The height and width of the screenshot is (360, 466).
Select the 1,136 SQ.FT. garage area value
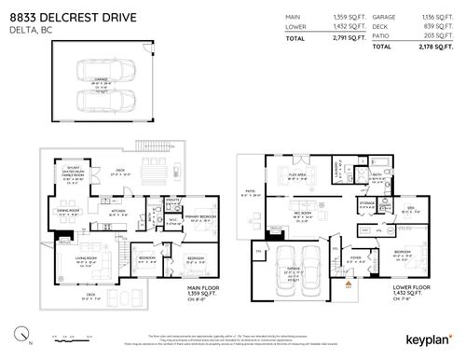pyautogui.click(x=435, y=17)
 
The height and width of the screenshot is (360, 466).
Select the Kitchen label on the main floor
pyautogui.click(x=118, y=211)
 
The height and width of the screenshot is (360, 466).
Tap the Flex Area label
pyautogui.click(x=297, y=173)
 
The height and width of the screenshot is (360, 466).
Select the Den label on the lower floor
pyautogui.click(x=407, y=211)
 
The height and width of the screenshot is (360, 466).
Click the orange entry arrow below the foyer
pyautogui.click(x=350, y=286)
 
